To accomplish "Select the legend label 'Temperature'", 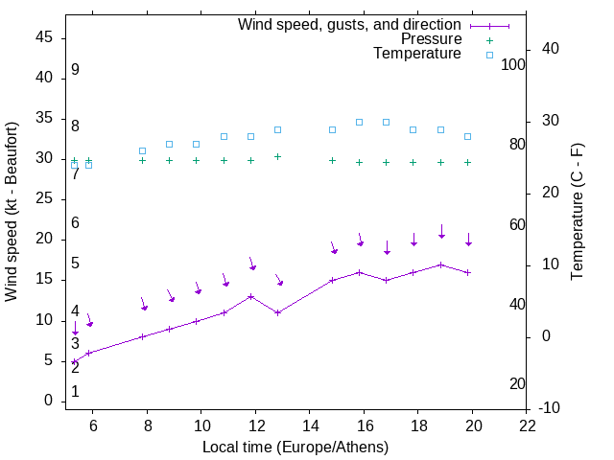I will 417,54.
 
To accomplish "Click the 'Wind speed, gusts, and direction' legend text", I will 350,25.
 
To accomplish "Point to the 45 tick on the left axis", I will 43,37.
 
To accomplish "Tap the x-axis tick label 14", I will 310,424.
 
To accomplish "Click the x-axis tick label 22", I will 528,424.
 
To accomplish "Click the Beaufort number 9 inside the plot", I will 75,70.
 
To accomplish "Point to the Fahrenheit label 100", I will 513,64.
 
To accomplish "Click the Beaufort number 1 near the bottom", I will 75,391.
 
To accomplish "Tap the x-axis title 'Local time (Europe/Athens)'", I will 295,447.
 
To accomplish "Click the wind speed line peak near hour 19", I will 441,264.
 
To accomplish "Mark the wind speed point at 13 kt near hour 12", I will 250,296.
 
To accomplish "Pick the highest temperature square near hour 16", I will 360,122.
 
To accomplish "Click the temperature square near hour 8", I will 142,150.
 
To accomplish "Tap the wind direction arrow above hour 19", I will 441,231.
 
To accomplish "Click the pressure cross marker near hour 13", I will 278,156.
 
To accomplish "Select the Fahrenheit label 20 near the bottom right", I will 517,383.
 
